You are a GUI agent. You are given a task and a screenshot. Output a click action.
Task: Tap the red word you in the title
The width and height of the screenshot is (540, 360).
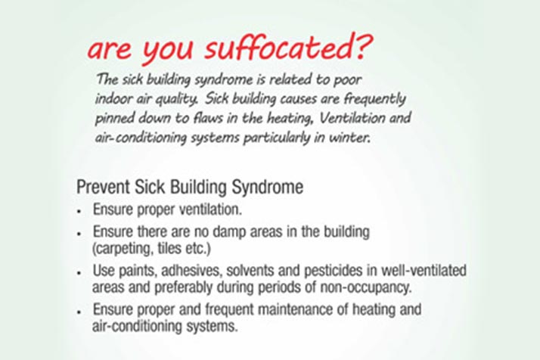(x=167, y=51)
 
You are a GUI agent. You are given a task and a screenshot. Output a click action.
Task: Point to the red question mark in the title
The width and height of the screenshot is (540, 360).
(x=365, y=46)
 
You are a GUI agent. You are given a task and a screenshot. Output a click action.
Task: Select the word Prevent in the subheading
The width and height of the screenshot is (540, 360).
(x=104, y=187)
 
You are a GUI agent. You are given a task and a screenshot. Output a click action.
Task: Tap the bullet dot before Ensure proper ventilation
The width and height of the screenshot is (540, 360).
(x=79, y=211)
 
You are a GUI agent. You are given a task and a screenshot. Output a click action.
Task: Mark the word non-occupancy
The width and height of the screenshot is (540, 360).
(x=366, y=287)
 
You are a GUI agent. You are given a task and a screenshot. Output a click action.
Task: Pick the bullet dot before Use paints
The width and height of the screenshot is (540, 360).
(x=79, y=272)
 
